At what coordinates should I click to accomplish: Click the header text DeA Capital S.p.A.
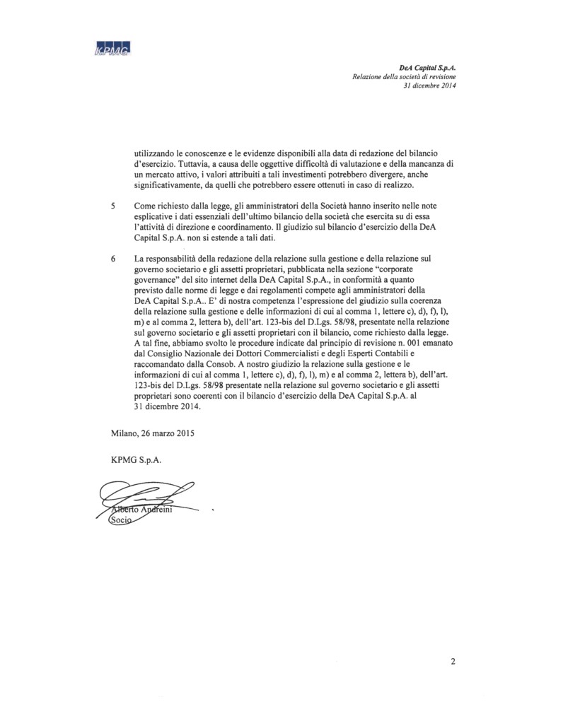coord(428,66)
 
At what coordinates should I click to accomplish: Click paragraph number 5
coord(113,205)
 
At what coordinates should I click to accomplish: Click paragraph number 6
coord(113,259)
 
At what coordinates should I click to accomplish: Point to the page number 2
coord(453,662)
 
